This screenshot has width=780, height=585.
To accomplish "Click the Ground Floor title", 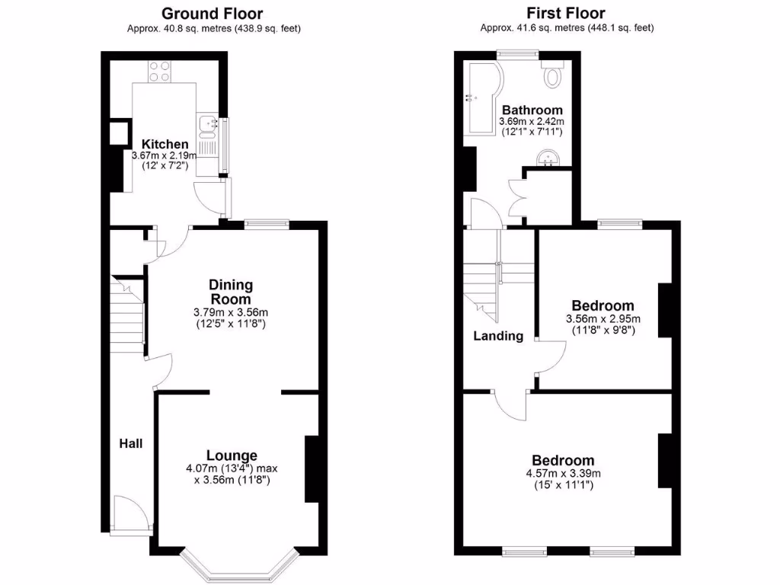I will pos(213,14).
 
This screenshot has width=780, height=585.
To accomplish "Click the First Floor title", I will pos(566,13).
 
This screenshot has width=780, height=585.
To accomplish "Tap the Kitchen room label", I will pos(165,144).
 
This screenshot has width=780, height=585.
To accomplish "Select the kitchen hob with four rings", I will pos(159,72).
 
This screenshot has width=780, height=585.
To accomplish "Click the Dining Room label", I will pos(231,292).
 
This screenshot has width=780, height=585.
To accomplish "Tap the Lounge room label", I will pos(232,456).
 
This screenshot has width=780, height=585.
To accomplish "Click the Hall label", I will pos(130,443).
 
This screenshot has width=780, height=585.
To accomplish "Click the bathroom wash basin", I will pos(548,158).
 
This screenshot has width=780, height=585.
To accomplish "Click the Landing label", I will pos(498,336).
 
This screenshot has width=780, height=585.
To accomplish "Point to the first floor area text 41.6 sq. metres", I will pos(567,28).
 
